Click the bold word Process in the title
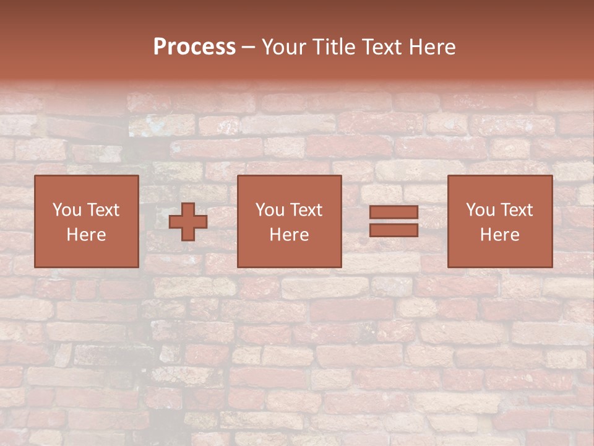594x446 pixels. click(194, 47)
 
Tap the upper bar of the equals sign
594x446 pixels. click(394, 212)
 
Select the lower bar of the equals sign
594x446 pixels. click(394, 230)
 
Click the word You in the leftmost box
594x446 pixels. click(67, 210)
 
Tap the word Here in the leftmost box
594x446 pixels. click(86, 235)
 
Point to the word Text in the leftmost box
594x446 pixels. click(103, 210)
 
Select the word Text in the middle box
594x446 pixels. click(306, 210)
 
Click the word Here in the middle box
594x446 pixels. click(289, 235)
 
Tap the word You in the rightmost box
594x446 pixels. click(480, 210)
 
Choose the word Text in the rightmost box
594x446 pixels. click(516, 210)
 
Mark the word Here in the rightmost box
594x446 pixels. click(499, 235)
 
